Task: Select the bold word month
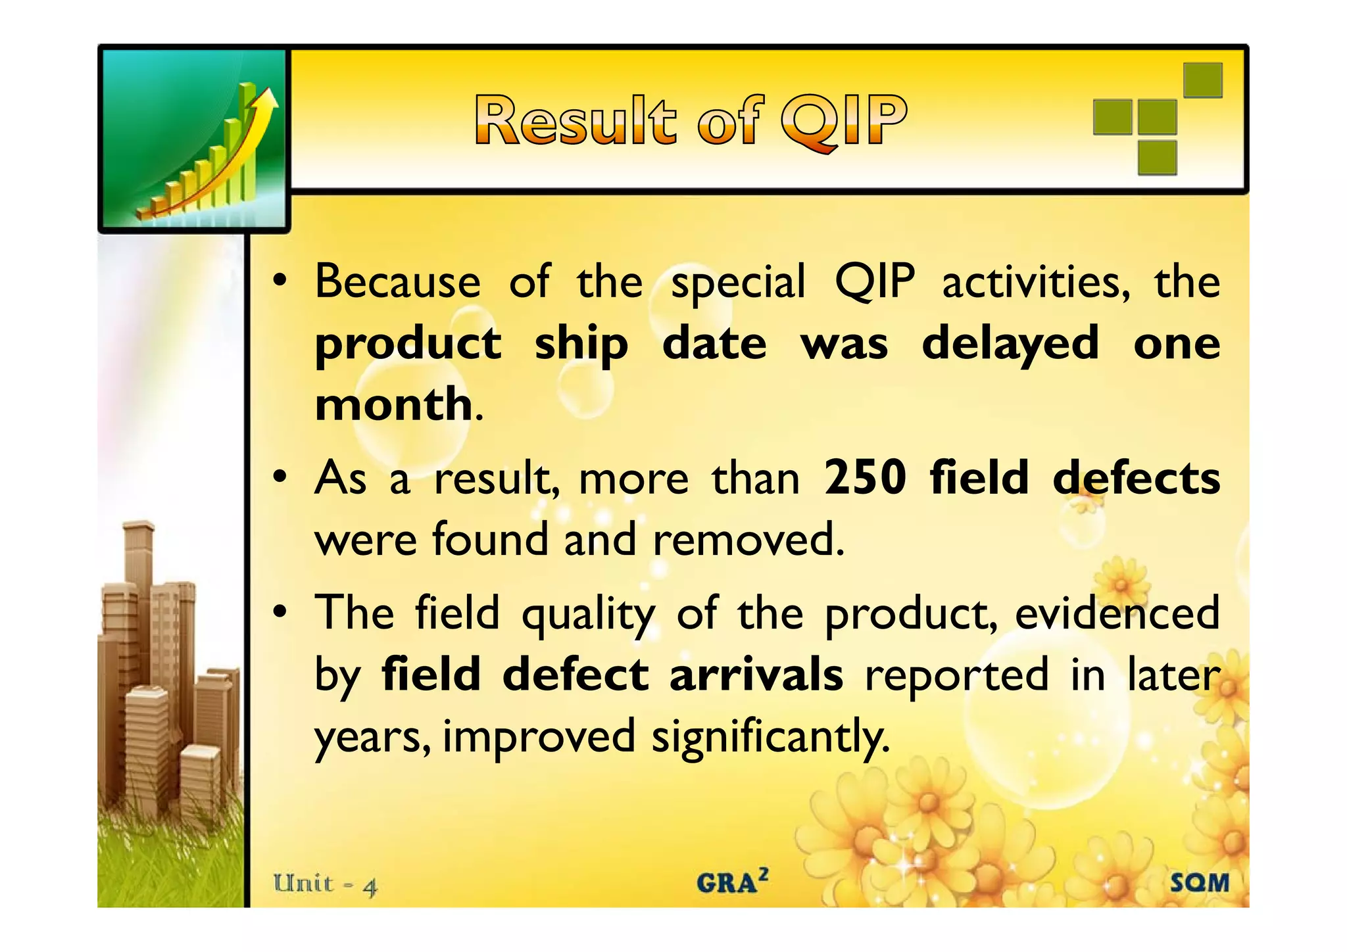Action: (x=393, y=404)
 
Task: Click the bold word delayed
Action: (x=1010, y=344)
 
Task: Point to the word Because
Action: (x=397, y=282)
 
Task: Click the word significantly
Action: (x=770, y=737)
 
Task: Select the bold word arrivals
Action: (x=756, y=675)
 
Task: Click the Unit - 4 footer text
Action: (x=326, y=884)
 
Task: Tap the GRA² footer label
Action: (x=732, y=882)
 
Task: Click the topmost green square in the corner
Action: (x=1202, y=80)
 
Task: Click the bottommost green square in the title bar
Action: (x=1157, y=158)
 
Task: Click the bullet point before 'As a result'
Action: (x=281, y=478)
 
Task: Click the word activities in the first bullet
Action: (x=1035, y=282)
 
